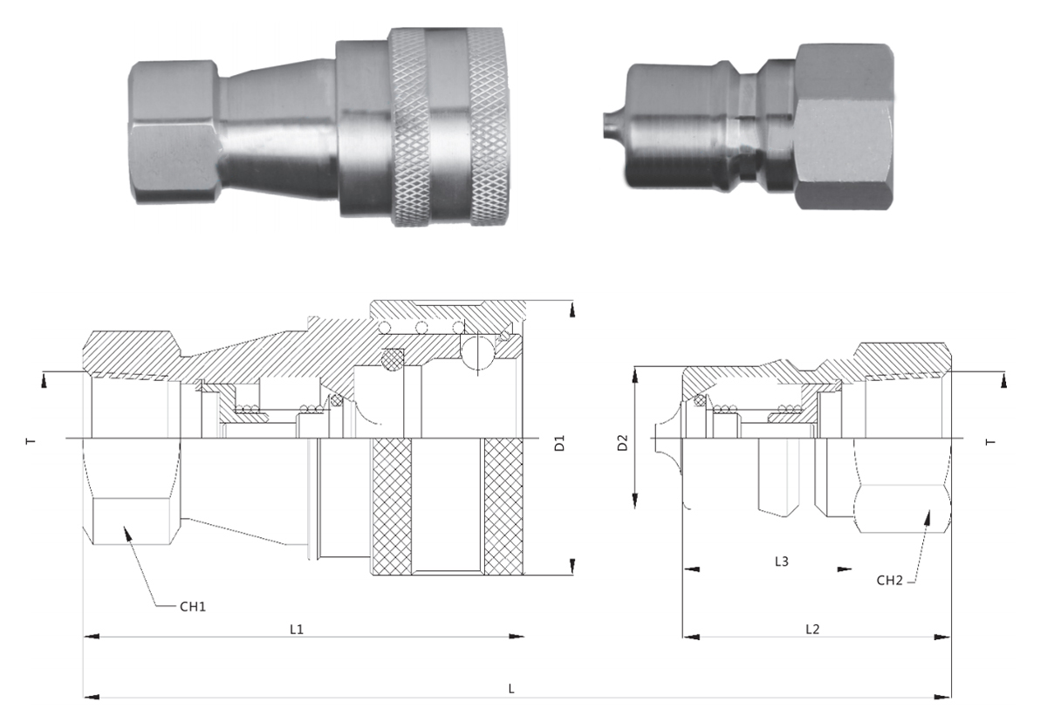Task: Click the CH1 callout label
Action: tap(193, 607)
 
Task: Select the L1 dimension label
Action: tap(297, 629)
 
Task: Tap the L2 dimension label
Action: tap(812, 629)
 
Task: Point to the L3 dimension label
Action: tap(782, 562)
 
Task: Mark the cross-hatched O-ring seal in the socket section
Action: tap(394, 358)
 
